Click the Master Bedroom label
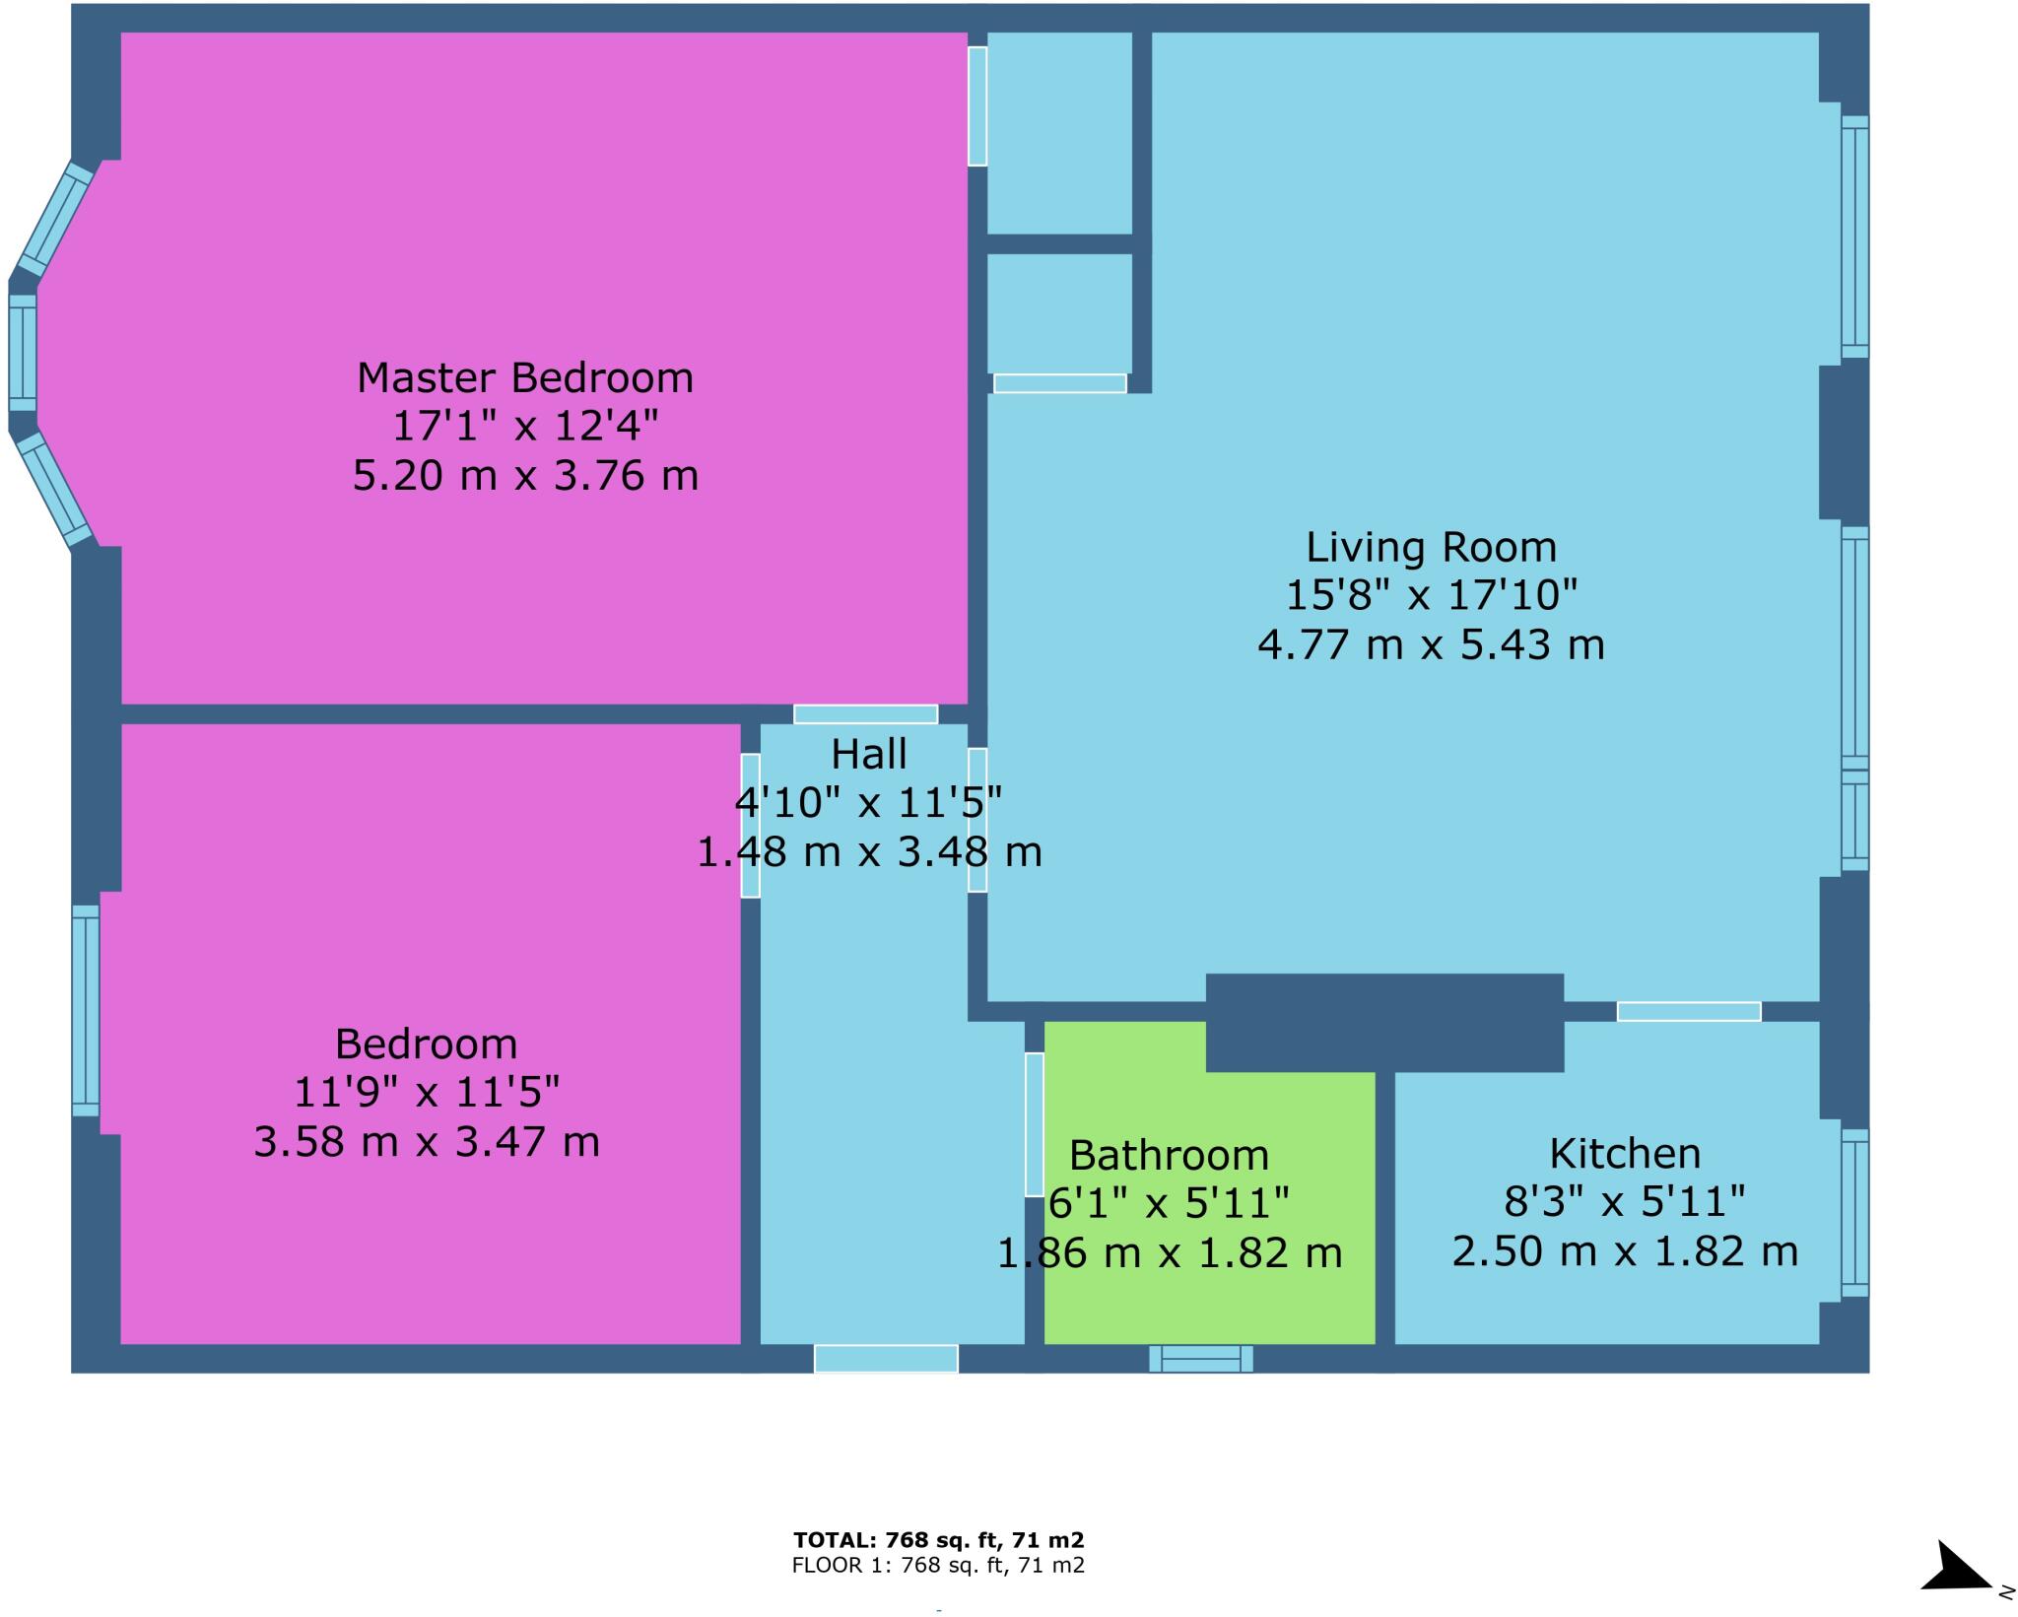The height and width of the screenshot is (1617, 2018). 524,378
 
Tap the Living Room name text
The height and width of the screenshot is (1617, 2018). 1431,548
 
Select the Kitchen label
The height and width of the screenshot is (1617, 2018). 1625,1153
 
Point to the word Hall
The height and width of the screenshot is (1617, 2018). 868,755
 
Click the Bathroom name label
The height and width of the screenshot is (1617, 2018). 1169,1155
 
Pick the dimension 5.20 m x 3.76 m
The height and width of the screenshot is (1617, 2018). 525,476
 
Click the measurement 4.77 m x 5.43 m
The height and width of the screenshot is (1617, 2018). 1431,645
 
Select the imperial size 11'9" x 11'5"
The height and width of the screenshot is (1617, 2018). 427,1093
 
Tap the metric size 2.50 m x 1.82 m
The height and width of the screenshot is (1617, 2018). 1625,1251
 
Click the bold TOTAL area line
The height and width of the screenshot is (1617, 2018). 938,1540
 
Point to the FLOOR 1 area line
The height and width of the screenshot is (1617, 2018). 938,1565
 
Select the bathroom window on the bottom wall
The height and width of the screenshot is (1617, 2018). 1200,1359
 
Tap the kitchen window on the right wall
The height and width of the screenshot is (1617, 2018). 1854,1212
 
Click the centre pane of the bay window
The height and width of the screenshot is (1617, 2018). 23,352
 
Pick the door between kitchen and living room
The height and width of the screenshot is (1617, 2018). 1688,1011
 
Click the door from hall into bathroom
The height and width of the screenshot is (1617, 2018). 1034,1124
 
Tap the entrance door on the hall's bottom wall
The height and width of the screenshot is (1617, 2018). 885,1359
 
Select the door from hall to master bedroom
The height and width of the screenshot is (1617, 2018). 865,714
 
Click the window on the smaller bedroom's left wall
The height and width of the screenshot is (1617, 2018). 86,1011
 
